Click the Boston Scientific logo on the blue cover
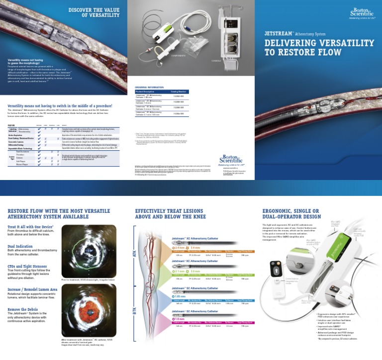click(x=360, y=11)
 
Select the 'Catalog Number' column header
click(x=179, y=91)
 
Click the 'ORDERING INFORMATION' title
click(x=149, y=87)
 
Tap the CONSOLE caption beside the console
click(x=216, y=61)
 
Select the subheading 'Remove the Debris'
click(x=24, y=309)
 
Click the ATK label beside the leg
click(x=134, y=254)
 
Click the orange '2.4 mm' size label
click(x=179, y=247)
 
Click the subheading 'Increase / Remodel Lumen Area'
click(x=34, y=288)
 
